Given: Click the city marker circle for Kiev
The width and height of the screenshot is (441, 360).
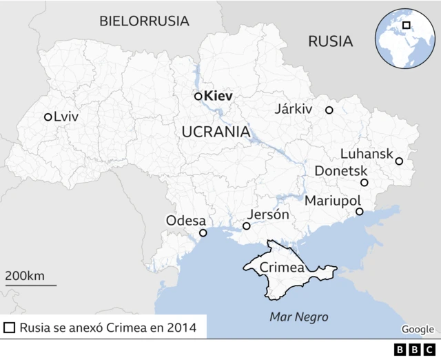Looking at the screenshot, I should click(198, 97).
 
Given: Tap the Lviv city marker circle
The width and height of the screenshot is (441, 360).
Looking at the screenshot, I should click(48, 117).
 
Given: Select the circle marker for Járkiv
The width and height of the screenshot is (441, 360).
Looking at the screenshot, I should click(329, 110).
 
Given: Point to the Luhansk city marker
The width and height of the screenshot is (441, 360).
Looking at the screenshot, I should click(399, 161).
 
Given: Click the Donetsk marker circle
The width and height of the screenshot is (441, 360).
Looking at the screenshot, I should click(365, 183).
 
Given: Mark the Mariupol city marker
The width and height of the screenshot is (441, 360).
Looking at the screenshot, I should click(359, 212).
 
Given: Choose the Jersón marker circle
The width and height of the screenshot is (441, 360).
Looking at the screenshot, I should click(247, 226).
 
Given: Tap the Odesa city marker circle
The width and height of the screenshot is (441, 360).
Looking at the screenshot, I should click(203, 233).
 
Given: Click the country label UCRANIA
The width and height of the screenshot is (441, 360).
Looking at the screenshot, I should click(215, 132).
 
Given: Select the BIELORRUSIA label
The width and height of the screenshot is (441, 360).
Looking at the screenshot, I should click(144, 21).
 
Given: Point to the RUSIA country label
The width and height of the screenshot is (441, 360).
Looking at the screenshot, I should click(330, 41).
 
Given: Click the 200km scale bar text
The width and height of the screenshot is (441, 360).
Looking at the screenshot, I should click(25, 276).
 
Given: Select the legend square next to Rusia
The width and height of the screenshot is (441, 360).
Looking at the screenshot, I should click(9, 328).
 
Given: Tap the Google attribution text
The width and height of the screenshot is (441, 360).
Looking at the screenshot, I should click(418, 329).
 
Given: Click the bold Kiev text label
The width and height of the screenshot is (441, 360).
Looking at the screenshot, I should click(219, 97).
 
